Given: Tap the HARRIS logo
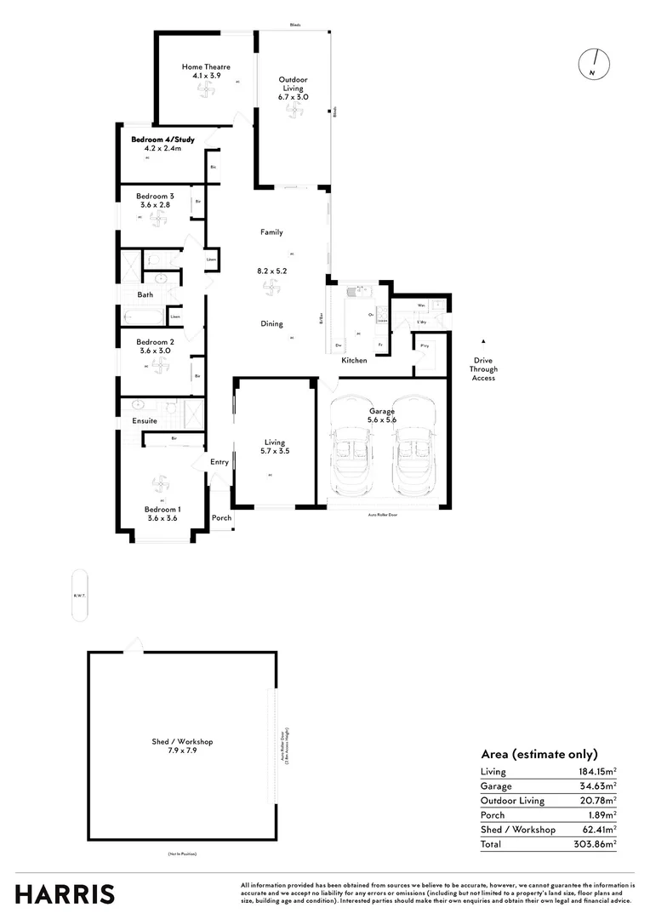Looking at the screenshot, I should (65, 893).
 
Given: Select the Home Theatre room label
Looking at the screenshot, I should (206, 66).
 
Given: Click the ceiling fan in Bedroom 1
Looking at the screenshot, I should (160, 484).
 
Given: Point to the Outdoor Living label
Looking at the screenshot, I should (294, 81).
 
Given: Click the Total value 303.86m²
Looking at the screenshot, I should (595, 844).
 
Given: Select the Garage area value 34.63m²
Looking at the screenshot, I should (597, 786).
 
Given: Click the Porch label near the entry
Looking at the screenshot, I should (221, 517).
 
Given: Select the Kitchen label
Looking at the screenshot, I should (354, 361).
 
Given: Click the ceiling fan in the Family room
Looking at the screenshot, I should (271, 291).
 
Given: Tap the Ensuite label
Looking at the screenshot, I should (144, 420).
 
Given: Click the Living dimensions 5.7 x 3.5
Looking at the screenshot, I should (275, 452).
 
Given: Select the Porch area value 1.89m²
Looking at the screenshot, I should (600, 815).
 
